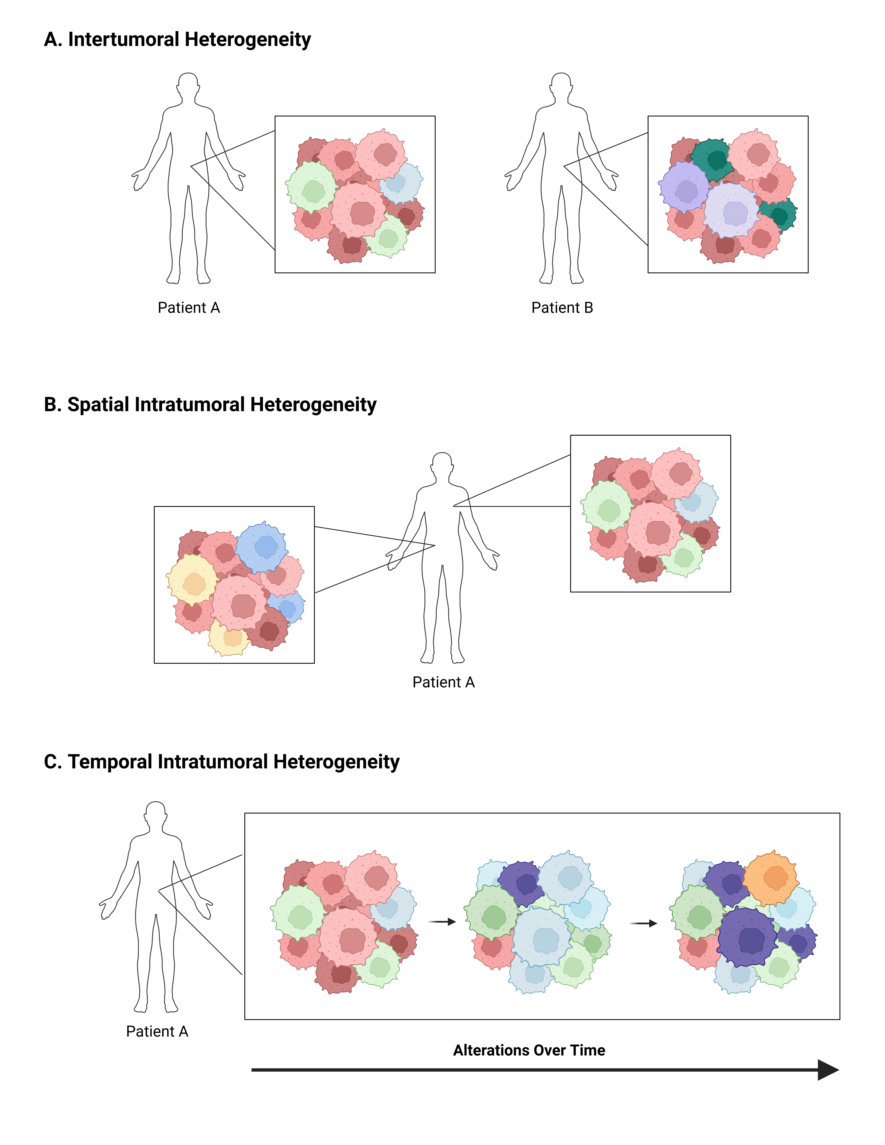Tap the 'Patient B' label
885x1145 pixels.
pyautogui.click(x=562, y=308)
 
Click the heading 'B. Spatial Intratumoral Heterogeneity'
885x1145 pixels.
pyautogui.click(x=210, y=405)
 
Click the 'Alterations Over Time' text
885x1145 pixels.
pyautogui.click(x=529, y=1050)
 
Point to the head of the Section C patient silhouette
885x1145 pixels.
pyautogui.click(x=156, y=814)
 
